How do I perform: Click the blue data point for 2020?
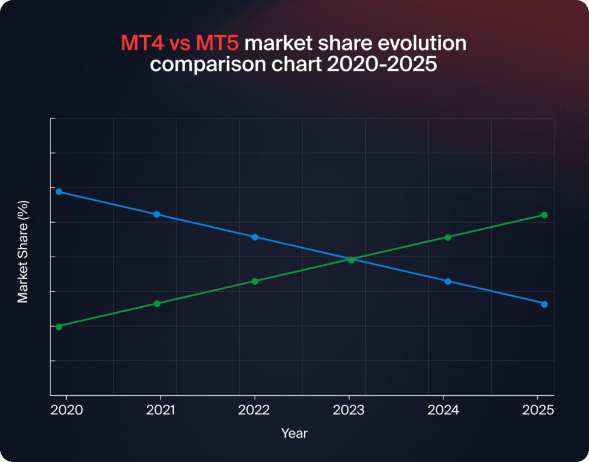coord(59,192)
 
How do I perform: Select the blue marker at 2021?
coord(156,214)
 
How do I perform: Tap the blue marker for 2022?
coord(255,237)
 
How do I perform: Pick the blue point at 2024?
coord(448,281)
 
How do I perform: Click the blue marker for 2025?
coord(544,304)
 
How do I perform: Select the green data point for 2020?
coord(59,326)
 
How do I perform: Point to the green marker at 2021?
coord(156,303)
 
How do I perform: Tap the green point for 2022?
coord(255,281)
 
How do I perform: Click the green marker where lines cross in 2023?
coord(351,259)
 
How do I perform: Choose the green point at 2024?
coord(448,237)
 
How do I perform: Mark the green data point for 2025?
coord(544,215)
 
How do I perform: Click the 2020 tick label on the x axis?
coord(67,410)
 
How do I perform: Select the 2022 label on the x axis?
coord(255,410)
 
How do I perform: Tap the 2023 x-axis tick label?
coord(349,410)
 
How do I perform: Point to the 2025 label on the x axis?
coord(537,410)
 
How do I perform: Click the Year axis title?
coord(294,433)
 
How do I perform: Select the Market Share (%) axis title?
coord(23,251)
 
